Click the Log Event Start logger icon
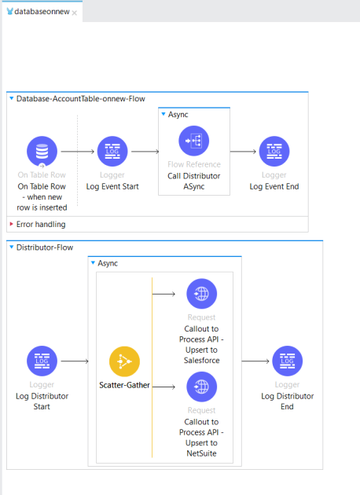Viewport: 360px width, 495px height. point(112,151)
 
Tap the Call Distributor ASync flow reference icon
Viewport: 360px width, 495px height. point(194,141)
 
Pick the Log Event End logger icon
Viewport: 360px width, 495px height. point(274,151)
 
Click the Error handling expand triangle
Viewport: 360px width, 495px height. point(11,225)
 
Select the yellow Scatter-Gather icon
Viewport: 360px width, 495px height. point(124,361)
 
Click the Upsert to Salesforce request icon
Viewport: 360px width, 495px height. point(201,294)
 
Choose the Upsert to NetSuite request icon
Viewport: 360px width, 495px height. point(201,387)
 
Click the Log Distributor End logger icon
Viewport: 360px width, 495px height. point(287,361)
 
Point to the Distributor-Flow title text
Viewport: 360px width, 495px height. point(46,247)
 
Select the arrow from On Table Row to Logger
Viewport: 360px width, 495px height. point(76,151)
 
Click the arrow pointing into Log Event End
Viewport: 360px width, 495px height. point(244,151)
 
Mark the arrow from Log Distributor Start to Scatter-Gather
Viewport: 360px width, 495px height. point(76,361)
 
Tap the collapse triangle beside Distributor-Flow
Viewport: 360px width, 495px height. point(11,247)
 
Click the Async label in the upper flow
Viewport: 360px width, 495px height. point(178,114)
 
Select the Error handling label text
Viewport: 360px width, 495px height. point(41,225)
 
